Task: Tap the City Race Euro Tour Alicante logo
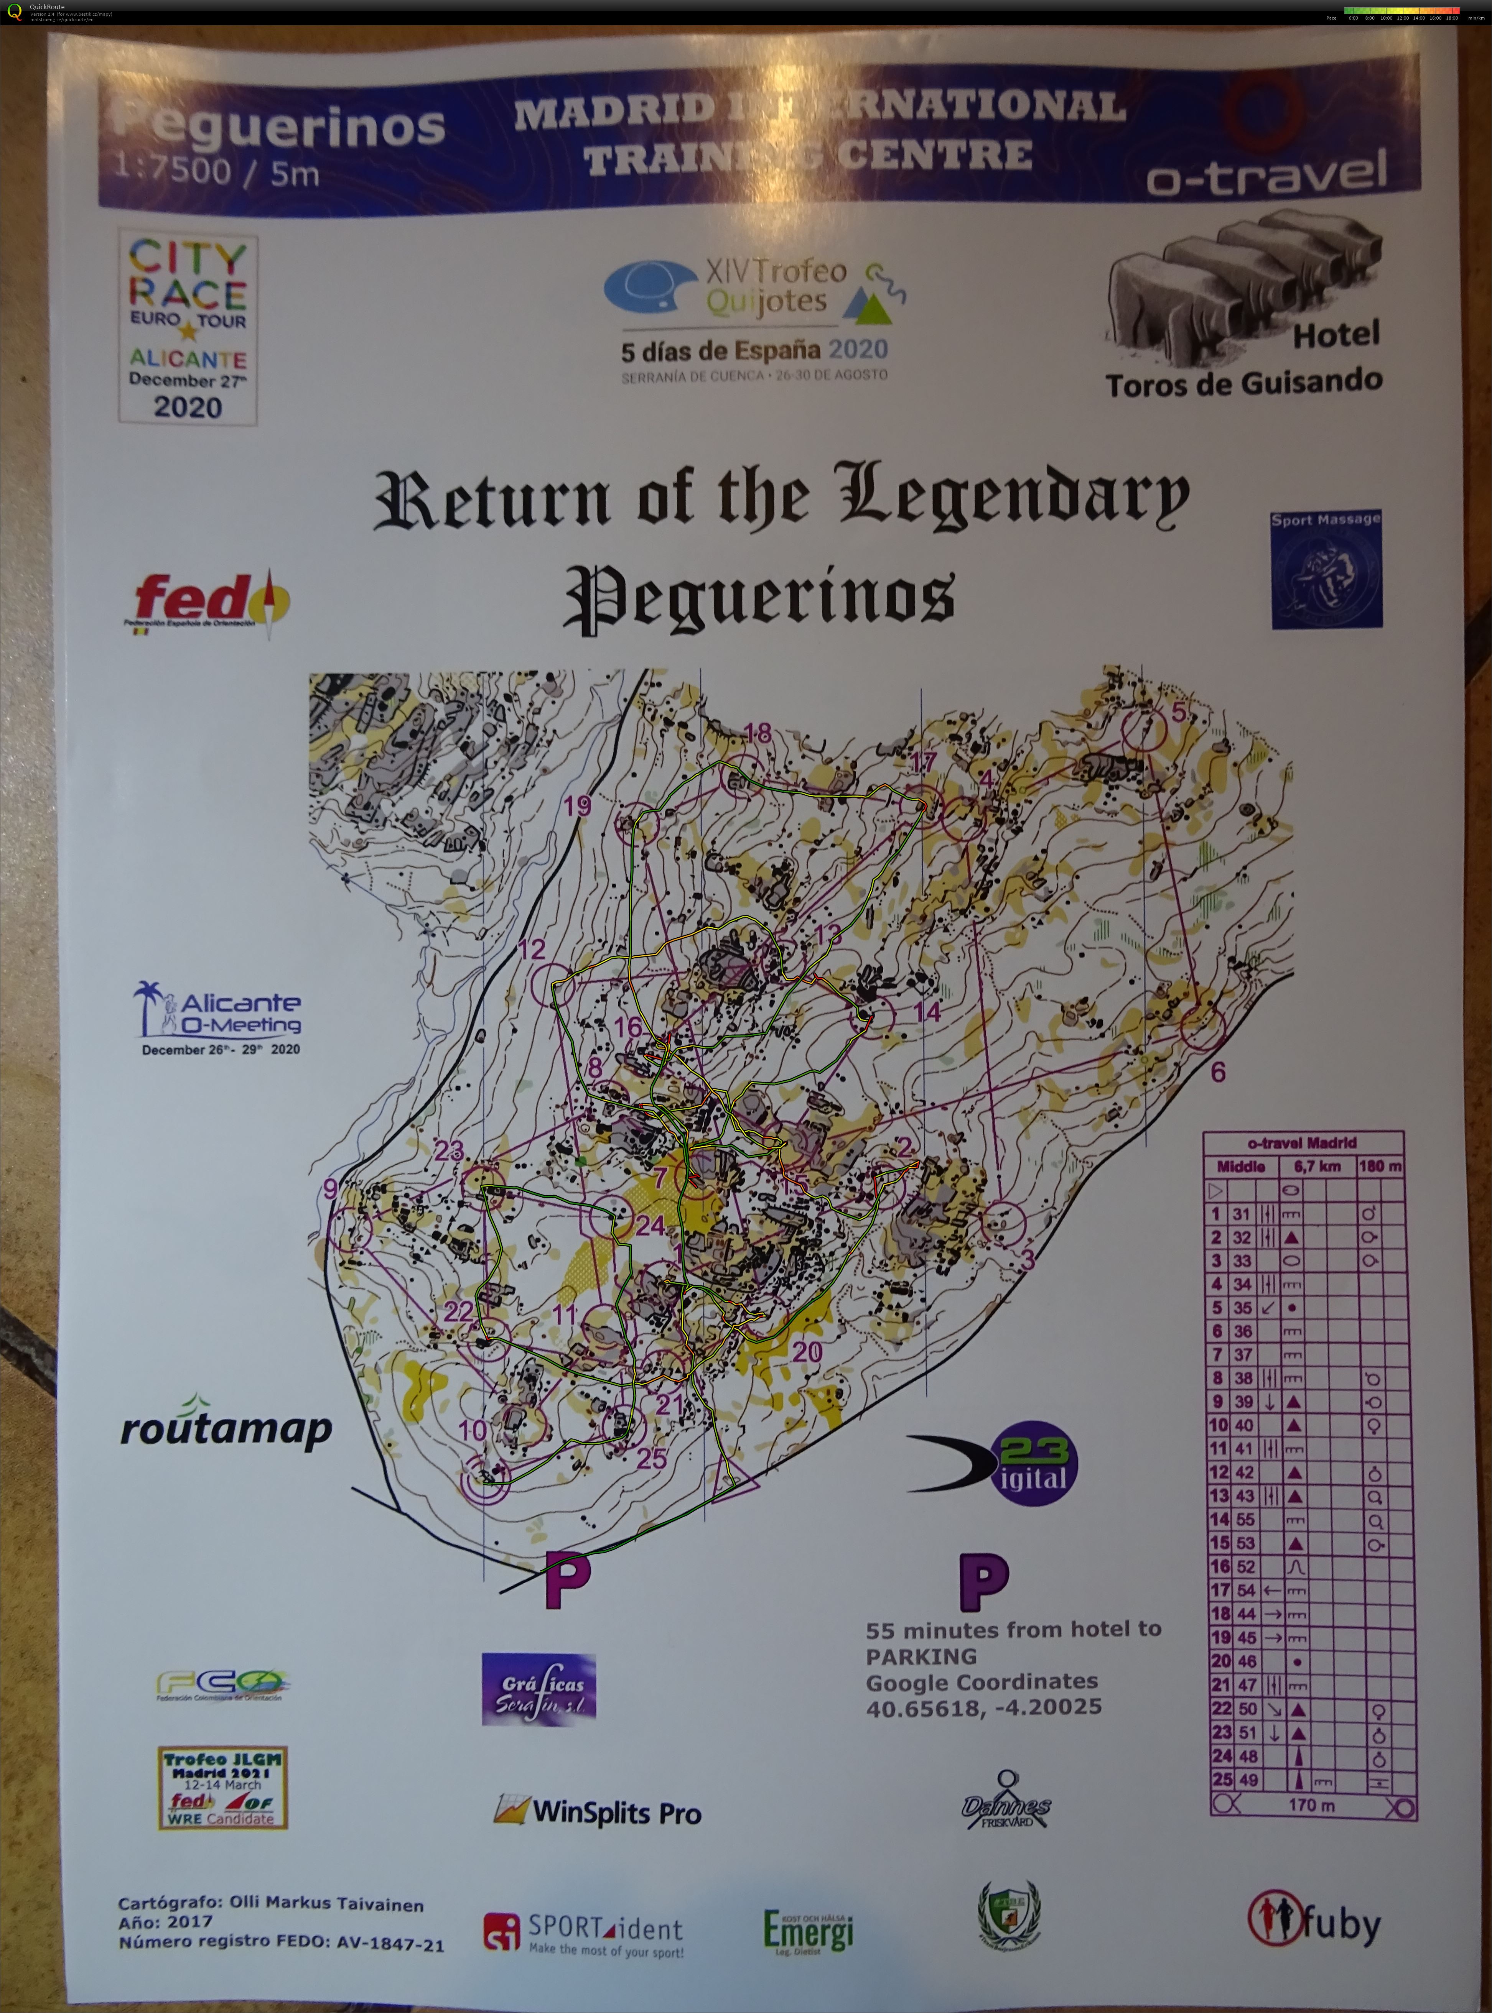188,328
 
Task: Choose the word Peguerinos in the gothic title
759,598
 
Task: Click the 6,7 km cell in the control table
1318,1166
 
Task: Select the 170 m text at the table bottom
1311,1804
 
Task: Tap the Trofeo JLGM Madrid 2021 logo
222,1787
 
